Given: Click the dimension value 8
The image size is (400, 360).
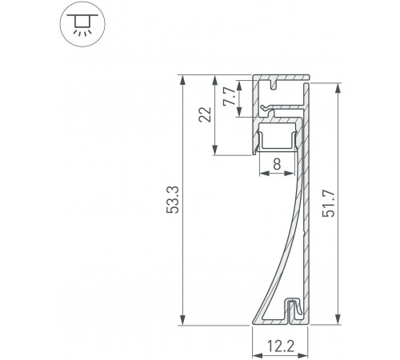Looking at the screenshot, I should (276, 165).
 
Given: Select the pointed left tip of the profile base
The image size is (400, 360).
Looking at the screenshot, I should (255, 323).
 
